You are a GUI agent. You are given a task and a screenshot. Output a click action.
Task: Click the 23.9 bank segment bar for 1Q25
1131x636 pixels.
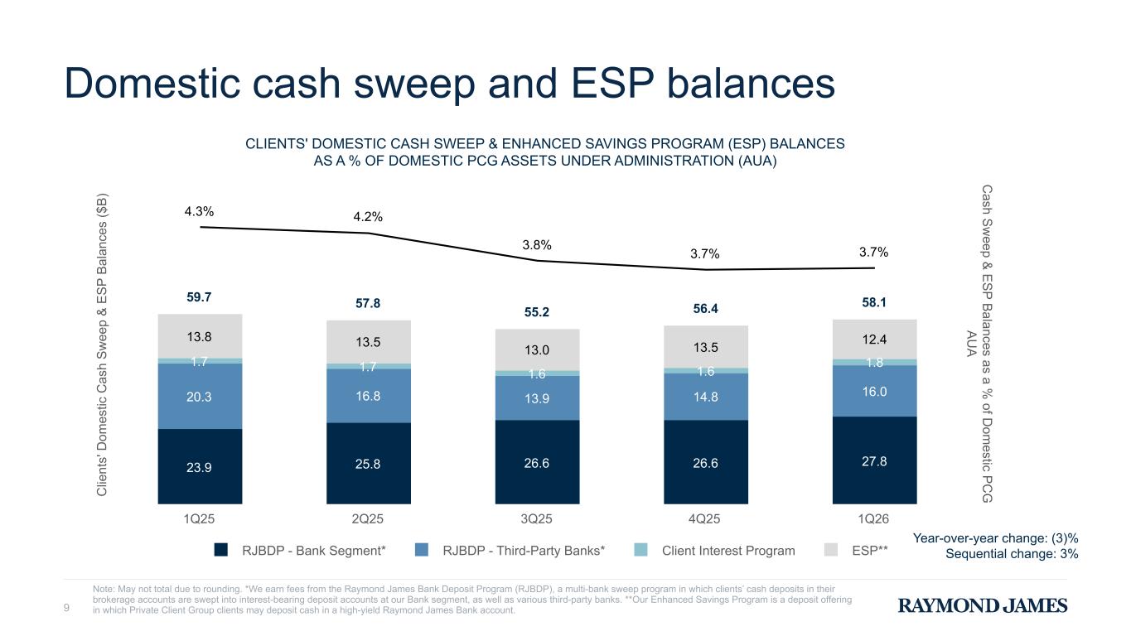(x=200, y=465)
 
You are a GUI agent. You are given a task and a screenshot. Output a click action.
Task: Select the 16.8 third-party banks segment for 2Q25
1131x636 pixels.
(x=368, y=396)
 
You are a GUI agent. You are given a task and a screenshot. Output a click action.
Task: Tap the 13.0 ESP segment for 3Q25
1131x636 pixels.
(x=537, y=349)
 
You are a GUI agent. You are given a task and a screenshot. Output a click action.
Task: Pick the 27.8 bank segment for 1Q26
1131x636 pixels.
(x=874, y=460)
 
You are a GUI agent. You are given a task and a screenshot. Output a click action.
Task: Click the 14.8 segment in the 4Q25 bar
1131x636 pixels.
(x=705, y=397)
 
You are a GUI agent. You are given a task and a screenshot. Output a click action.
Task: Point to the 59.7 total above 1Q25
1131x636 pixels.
(x=200, y=296)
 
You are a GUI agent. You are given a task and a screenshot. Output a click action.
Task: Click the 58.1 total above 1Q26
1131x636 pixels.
(x=874, y=303)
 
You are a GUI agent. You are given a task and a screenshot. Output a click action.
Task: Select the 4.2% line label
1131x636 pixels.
(x=368, y=217)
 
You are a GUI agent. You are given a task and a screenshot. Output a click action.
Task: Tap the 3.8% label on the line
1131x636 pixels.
(x=537, y=245)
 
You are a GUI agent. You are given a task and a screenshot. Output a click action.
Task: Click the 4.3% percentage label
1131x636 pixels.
(x=199, y=211)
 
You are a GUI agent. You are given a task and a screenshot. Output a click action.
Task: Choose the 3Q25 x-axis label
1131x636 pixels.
(x=537, y=519)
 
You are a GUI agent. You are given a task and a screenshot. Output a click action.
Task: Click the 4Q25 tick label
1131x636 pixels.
(x=705, y=519)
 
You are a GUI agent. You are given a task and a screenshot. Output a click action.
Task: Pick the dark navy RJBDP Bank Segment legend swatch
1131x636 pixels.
(x=221, y=550)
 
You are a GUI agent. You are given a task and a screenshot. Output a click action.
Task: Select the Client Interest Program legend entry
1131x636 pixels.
(x=728, y=550)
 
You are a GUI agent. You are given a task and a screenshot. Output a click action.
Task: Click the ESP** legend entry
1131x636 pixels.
(x=870, y=550)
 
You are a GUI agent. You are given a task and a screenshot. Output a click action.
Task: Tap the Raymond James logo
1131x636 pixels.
(x=983, y=606)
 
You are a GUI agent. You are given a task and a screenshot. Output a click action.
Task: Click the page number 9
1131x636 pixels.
(x=67, y=610)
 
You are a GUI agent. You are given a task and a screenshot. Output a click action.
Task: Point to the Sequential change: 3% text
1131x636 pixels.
(x=1012, y=554)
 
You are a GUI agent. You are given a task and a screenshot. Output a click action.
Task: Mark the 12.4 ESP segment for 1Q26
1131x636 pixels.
(x=874, y=340)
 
